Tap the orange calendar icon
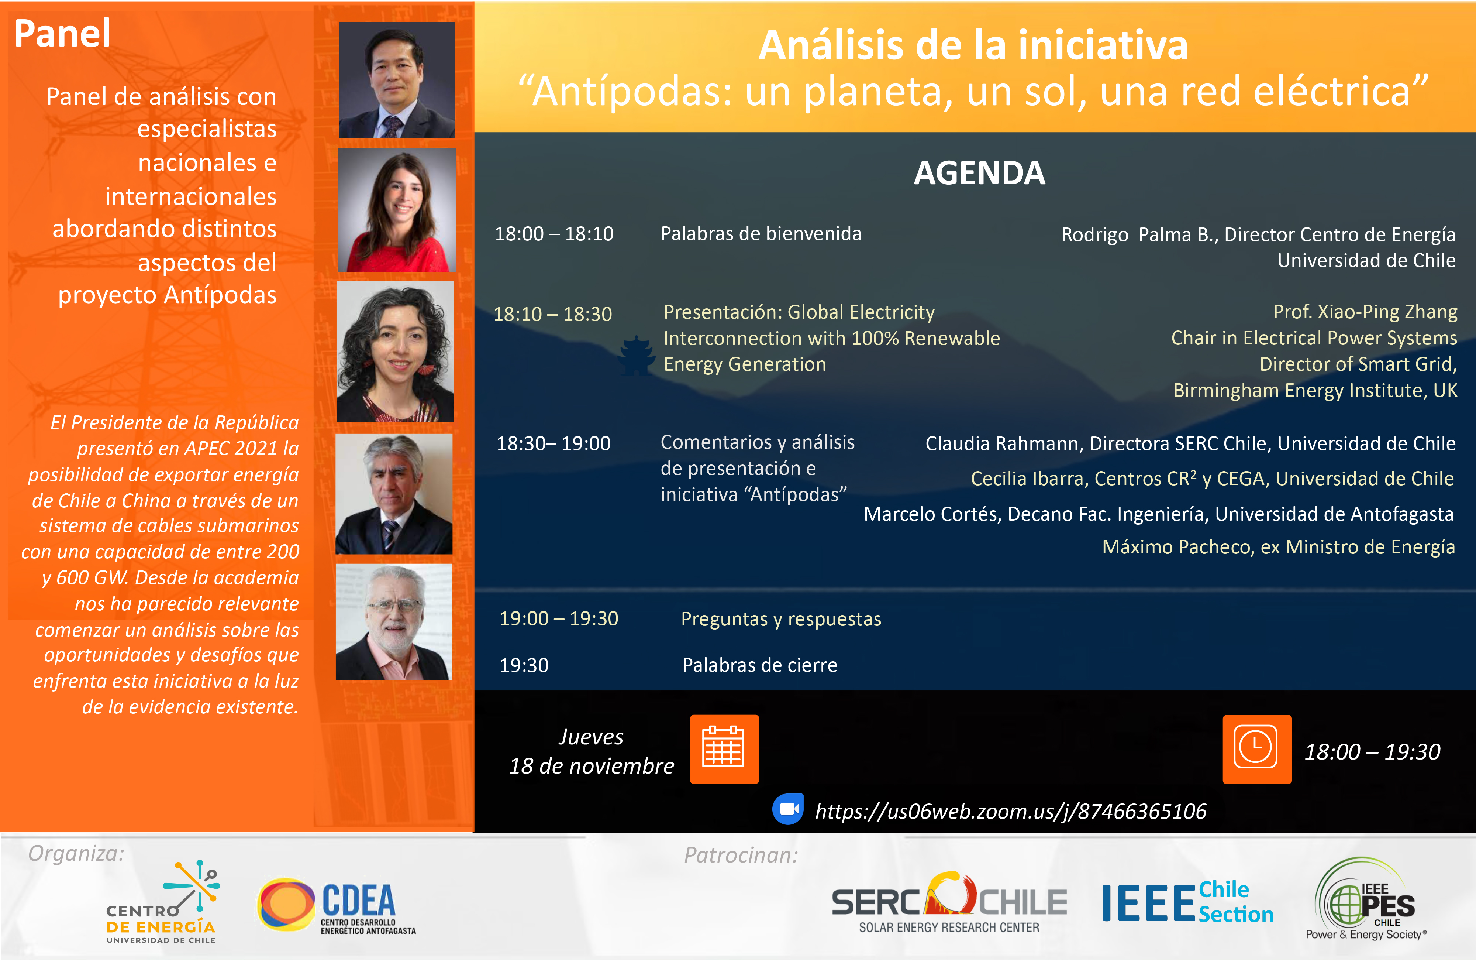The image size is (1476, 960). (x=724, y=749)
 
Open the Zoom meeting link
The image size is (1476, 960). (x=1011, y=811)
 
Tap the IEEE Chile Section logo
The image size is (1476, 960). (x=1187, y=903)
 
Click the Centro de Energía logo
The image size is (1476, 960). (x=162, y=902)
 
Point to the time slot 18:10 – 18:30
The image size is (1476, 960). (x=552, y=314)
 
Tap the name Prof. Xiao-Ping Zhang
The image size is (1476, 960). (x=1365, y=312)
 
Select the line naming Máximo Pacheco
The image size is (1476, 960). (x=1278, y=547)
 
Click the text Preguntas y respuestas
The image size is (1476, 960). (x=781, y=619)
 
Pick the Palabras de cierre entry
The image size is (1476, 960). (x=760, y=665)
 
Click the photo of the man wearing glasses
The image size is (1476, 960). (x=394, y=621)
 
